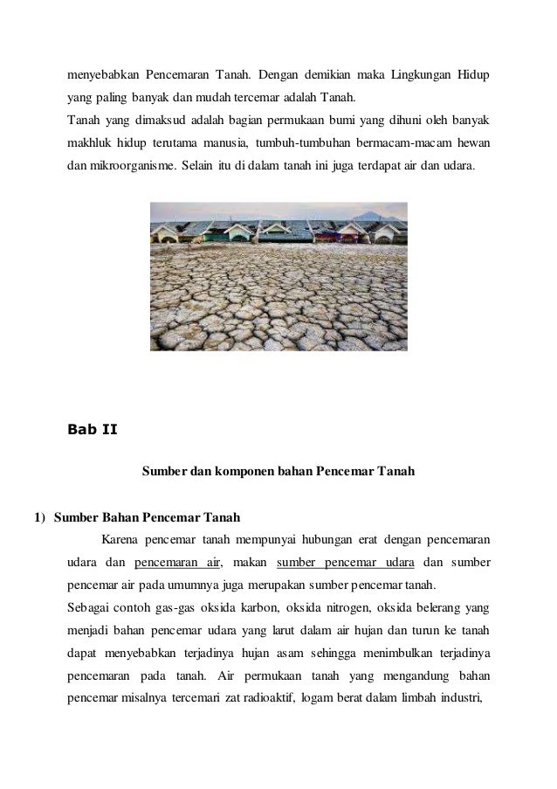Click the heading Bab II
[x=92, y=429]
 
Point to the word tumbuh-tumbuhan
[x=299, y=142]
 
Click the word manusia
[x=223, y=142]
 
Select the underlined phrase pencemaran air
[x=178, y=562]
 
